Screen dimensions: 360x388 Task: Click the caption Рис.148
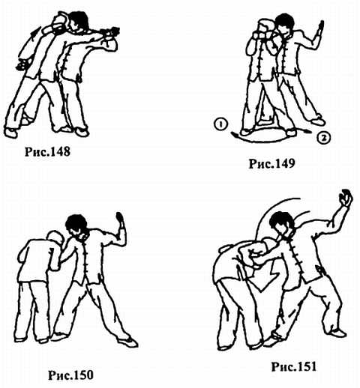(x=47, y=151)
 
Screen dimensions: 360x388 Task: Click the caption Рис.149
(x=271, y=163)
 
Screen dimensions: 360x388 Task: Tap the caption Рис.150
(x=70, y=375)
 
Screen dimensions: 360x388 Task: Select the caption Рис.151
(x=294, y=366)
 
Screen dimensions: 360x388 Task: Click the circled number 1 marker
(x=220, y=124)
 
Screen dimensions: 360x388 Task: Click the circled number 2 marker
(x=324, y=138)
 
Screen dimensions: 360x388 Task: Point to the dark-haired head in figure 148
(x=79, y=21)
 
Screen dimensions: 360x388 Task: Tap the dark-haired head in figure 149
(x=284, y=24)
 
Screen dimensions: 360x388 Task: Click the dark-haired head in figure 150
(x=76, y=225)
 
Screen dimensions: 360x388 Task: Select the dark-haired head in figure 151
(x=281, y=224)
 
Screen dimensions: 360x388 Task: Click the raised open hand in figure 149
(x=320, y=28)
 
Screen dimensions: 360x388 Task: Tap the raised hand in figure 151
(x=345, y=198)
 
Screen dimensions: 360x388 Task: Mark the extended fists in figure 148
(x=110, y=33)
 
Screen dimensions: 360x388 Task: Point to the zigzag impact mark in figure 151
(x=268, y=277)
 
